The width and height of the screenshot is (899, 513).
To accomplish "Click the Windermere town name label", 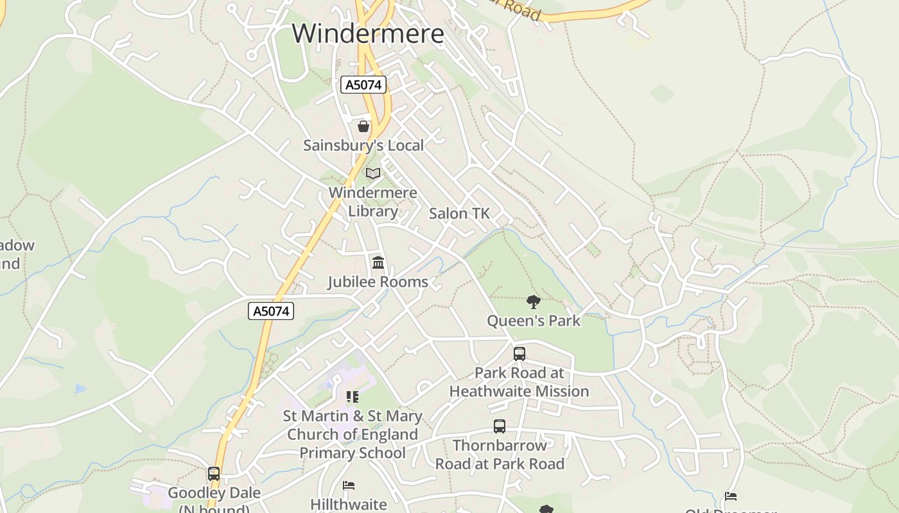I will pyautogui.click(x=368, y=33).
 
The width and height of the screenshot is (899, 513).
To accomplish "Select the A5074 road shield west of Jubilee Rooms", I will pyautogui.click(x=271, y=311).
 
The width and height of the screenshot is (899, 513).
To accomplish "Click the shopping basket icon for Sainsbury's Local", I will pyautogui.click(x=363, y=126).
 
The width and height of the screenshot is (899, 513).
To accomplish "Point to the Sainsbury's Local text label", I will pyautogui.click(x=363, y=146).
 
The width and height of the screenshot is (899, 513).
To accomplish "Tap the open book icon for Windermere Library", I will pyautogui.click(x=372, y=173).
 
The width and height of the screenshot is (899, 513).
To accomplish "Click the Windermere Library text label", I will pyautogui.click(x=372, y=201).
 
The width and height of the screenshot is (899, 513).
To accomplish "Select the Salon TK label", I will pyautogui.click(x=459, y=214).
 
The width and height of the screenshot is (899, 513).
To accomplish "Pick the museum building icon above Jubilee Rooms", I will pyautogui.click(x=378, y=262).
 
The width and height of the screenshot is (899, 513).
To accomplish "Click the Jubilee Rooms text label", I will pyautogui.click(x=378, y=282).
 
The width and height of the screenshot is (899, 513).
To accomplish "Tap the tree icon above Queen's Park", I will pyautogui.click(x=533, y=301).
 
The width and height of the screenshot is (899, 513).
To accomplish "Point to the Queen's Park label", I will pyautogui.click(x=533, y=321).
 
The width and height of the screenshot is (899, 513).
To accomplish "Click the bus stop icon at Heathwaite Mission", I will pyautogui.click(x=519, y=353).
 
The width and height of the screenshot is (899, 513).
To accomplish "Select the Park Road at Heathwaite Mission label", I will pyautogui.click(x=519, y=382).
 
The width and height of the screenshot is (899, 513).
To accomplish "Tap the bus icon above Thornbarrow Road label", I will pyautogui.click(x=500, y=426).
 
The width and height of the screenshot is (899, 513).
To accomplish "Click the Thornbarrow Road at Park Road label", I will pyautogui.click(x=500, y=455).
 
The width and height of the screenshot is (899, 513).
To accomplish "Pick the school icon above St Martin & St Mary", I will pyautogui.click(x=352, y=397).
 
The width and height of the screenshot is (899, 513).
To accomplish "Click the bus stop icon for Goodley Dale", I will pyautogui.click(x=214, y=474).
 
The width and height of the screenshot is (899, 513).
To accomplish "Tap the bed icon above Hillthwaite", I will pyautogui.click(x=349, y=485).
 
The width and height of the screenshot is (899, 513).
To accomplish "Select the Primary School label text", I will pyautogui.click(x=353, y=453).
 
